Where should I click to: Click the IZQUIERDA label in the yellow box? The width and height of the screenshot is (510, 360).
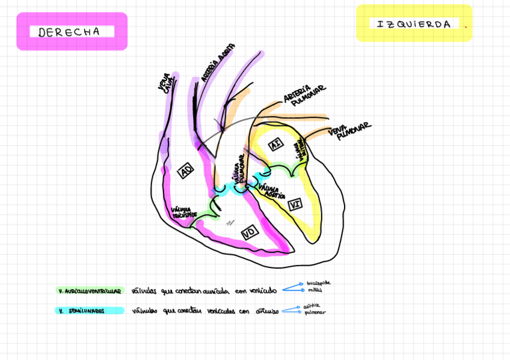pyautogui.click(x=414, y=24)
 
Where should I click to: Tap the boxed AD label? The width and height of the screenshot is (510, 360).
pyautogui.click(x=186, y=172)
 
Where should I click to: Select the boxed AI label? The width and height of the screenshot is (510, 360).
pyautogui.click(x=275, y=145)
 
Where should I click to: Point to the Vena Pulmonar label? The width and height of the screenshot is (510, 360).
pyautogui.click(x=349, y=132)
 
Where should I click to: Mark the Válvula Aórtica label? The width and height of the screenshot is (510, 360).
pyautogui.click(x=272, y=191)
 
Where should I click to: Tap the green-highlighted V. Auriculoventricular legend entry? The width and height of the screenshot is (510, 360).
pyautogui.click(x=90, y=291)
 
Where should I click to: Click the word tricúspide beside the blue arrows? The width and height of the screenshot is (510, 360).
pyautogui.click(x=318, y=282)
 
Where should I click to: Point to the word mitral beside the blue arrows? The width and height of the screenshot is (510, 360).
pyautogui.click(x=314, y=290)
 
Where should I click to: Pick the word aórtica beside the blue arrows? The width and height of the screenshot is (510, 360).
pyautogui.click(x=312, y=306)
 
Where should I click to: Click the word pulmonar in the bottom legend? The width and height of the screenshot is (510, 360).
pyautogui.click(x=315, y=313)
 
